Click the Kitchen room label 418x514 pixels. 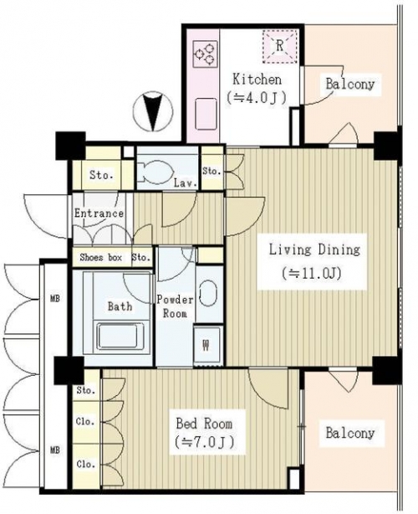(x=257, y=80)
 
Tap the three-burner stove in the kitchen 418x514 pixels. (x=205, y=54)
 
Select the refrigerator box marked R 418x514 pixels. (x=280, y=46)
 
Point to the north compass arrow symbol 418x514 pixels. (x=153, y=111)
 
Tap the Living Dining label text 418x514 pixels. (x=314, y=249)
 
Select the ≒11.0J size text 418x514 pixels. (x=312, y=273)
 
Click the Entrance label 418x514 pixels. (x=99, y=213)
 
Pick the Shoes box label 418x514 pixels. (x=101, y=257)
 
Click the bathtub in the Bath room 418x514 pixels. (x=117, y=337)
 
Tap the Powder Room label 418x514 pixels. (x=175, y=306)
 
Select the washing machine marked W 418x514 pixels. (x=207, y=344)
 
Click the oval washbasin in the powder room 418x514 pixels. (x=207, y=293)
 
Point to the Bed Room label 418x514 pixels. (x=204, y=424)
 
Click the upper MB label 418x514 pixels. (x=54, y=299)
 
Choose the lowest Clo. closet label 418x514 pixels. (x=86, y=464)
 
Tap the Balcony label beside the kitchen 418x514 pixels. (x=350, y=84)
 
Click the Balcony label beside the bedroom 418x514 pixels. (x=350, y=433)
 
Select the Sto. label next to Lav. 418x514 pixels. (x=212, y=171)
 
